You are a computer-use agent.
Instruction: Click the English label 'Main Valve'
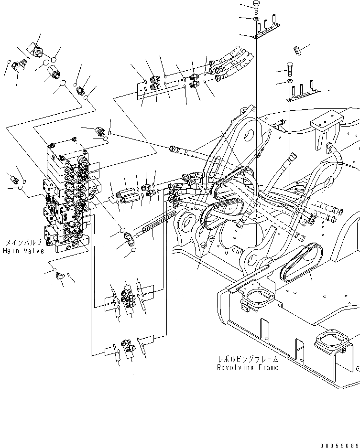[x=23, y=251]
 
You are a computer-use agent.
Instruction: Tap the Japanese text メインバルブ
[x=24, y=243]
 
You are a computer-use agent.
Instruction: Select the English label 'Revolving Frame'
[x=247, y=367]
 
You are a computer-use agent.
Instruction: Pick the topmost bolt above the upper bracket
[x=256, y=6]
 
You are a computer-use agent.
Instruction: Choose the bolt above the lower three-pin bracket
[x=290, y=68]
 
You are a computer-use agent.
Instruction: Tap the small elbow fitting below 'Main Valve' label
[x=60, y=275]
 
